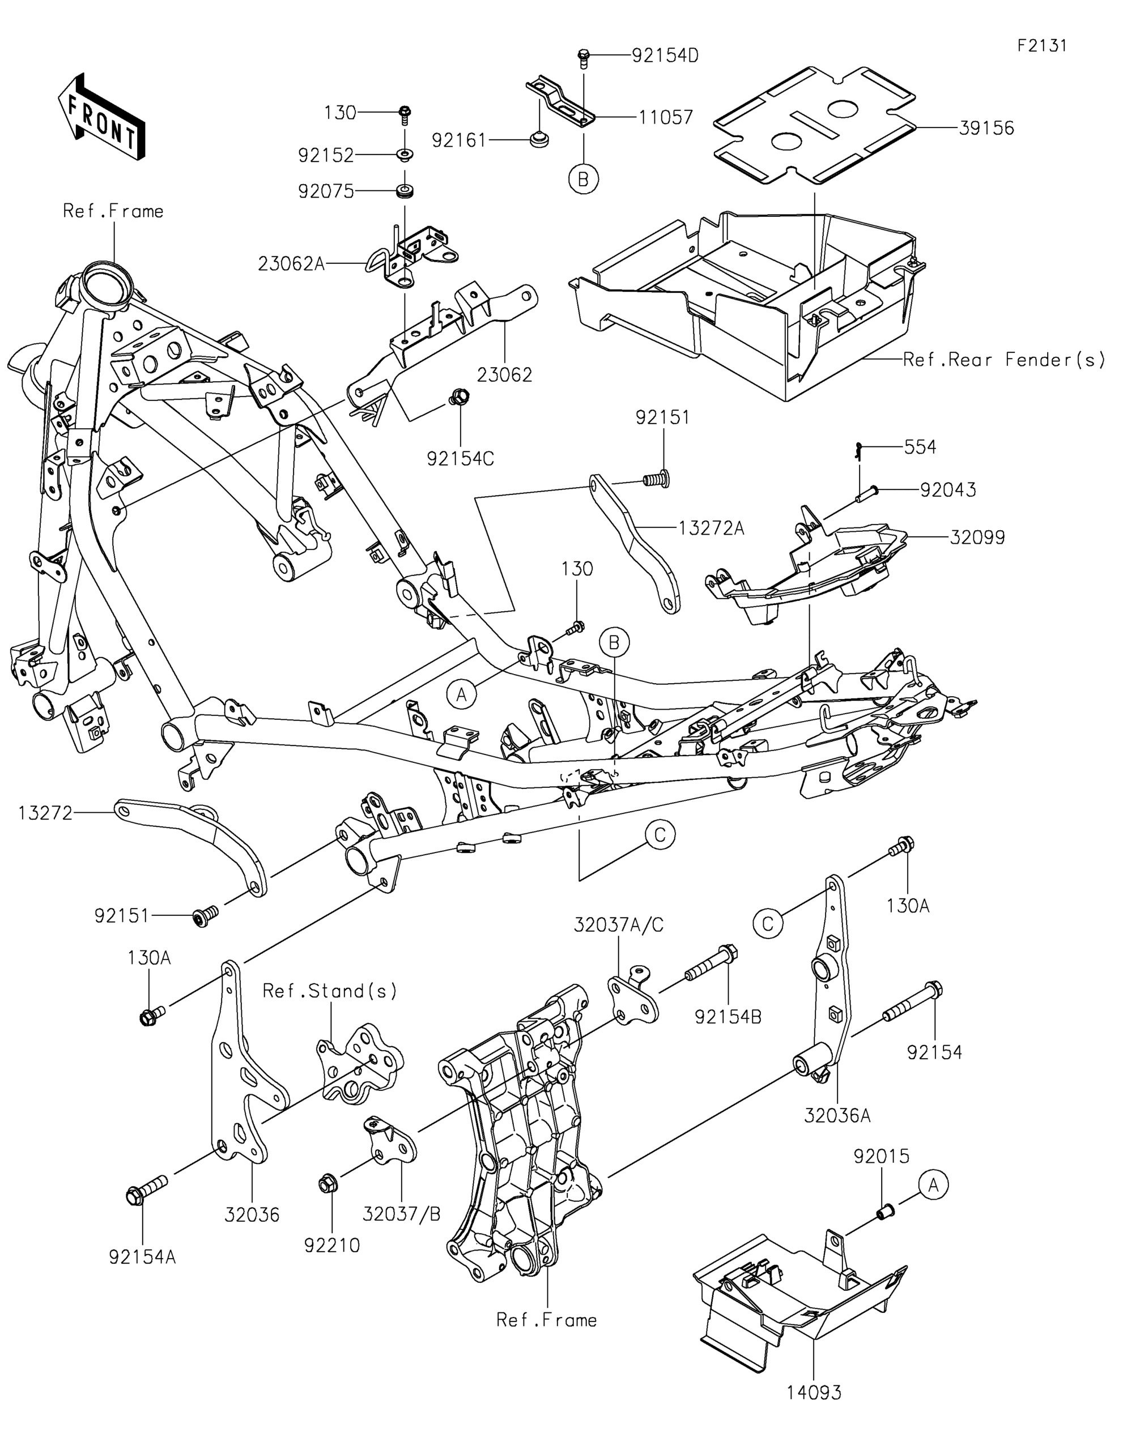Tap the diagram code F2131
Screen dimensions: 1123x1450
pos(1042,45)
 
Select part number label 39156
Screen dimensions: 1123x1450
pos(986,128)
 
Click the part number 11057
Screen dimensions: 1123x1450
pos(666,117)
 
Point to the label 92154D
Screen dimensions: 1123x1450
pos(665,56)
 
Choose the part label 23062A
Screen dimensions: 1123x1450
pos(292,265)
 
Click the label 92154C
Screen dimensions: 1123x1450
pos(460,459)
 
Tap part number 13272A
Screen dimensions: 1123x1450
pos(712,528)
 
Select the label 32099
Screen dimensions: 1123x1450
pos(977,537)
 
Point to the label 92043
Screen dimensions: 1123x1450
pos(948,491)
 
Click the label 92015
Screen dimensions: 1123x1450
pos(881,1157)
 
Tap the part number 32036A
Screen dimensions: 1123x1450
pos(837,1115)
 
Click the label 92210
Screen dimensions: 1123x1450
pos(332,1246)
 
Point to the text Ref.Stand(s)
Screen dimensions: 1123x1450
pos(330,991)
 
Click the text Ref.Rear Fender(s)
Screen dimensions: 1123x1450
pos(1004,360)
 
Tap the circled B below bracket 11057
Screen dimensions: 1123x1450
pos(584,179)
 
